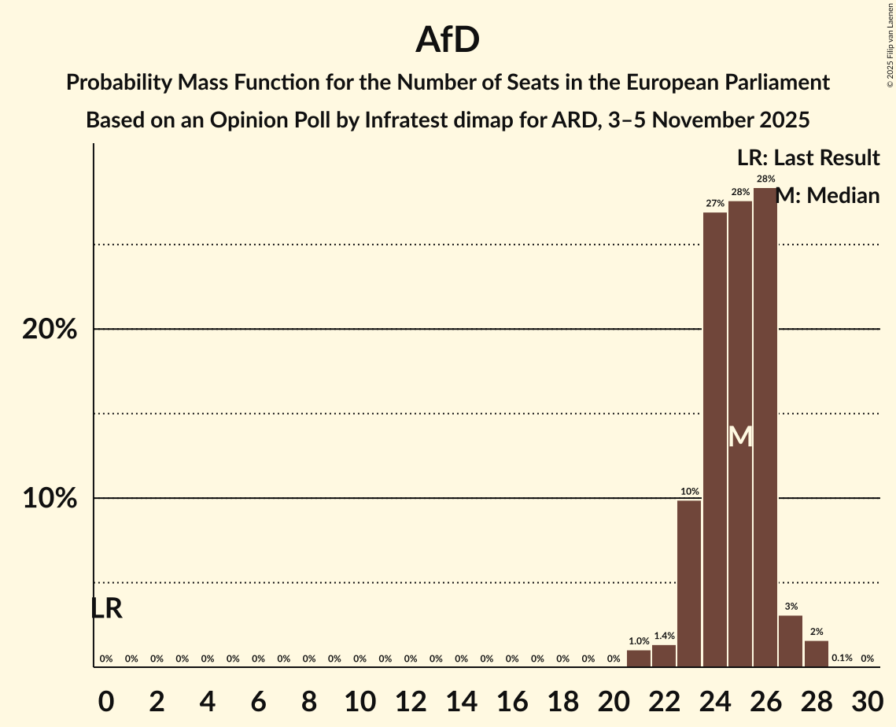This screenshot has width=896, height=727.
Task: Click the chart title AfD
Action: click(x=448, y=40)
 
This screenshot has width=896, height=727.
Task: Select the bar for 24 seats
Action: click(x=715, y=440)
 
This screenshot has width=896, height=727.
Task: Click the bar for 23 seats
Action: click(x=689, y=584)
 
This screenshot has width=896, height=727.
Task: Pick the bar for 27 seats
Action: click(x=791, y=641)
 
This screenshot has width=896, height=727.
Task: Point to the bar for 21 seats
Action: click(x=639, y=659)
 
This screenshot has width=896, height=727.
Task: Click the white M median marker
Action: click(x=740, y=437)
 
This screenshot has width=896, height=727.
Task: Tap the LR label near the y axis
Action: click(x=106, y=608)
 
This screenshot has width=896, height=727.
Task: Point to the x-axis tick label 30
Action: click(x=867, y=699)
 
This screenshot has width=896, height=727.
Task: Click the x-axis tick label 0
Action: click(x=106, y=699)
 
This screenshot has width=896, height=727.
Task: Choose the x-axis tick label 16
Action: click(x=511, y=699)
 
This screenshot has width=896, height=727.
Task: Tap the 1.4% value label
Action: click(x=664, y=636)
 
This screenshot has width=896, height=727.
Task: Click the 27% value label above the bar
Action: click(x=715, y=204)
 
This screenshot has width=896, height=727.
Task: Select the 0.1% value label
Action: click(x=842, y=659)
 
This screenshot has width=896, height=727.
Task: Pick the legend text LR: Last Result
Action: click(x=808, y=158)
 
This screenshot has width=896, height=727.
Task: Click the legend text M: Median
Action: click(x=828, y=196)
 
